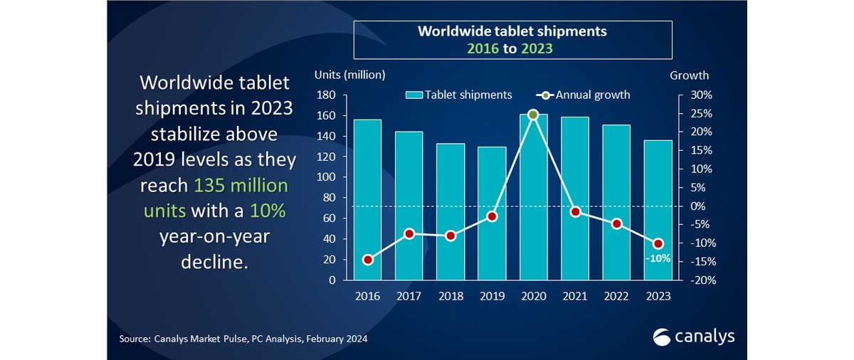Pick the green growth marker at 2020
533,115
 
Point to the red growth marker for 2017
408,233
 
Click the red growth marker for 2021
575,211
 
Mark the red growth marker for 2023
658,244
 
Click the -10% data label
658,259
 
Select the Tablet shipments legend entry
459,95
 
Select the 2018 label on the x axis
450,295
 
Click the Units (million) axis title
349,75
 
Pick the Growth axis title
689,75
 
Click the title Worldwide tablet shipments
512,31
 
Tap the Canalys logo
693,336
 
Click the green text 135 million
241,186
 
